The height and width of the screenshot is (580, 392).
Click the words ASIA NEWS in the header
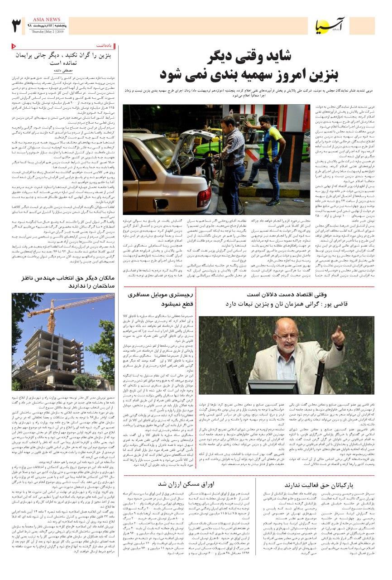pos(46,20)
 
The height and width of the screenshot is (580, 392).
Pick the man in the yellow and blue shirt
pos(270,154)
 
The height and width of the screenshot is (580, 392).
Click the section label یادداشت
pos(104,46)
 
